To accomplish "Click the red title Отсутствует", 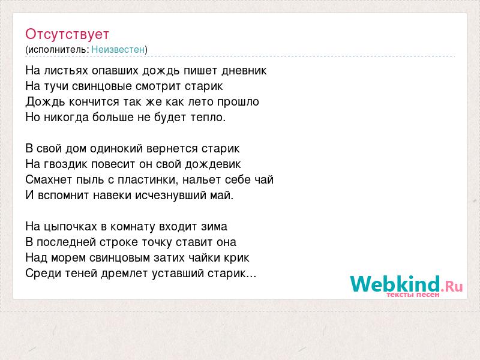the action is pyautogui.click(x=67, y=34).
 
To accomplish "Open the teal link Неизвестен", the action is pyautogui.click(x=118, y=49).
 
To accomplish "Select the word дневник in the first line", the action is pyautogui.click(x=244, y=71).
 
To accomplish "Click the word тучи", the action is pyautogui.click(x=56, y=86).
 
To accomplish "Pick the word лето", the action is pyautogui.click(x=201, y=101).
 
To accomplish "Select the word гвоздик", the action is pyautogui.click(x=66, y=164).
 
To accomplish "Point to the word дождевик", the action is pyautogui.click(x=213, y=164).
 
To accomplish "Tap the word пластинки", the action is pyautogui.click(x=148, y=180).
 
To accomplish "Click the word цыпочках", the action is pyautogui.click(x=71, y=227).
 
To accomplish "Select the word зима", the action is pyautogui.click(x=214, y=227).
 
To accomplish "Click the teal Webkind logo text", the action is pyautogui.click(x=395, y=284).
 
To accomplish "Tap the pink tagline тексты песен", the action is pyautogui.click(x=413, y=295).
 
